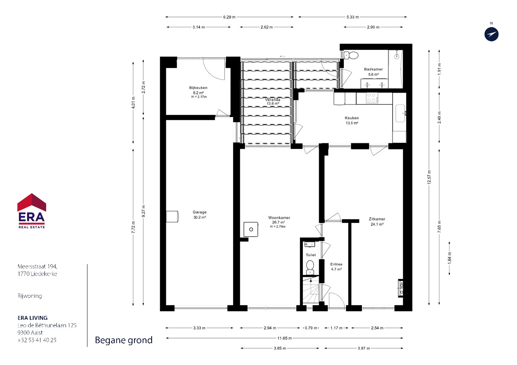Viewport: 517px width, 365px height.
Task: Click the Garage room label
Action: tap(199, 212)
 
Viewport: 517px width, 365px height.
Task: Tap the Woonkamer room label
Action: tap(279, 218)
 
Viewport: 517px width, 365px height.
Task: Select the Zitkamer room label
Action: tap(377, 219)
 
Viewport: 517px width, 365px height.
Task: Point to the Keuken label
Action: tap(352, 118)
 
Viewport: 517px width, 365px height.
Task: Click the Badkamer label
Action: tap(374, 69)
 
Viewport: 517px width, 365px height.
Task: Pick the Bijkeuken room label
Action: tap(198, 88)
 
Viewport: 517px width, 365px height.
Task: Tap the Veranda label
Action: tap(273, 100)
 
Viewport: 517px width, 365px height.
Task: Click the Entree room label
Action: tap(336, 264)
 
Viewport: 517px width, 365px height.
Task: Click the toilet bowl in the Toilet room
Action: tap(310, 267)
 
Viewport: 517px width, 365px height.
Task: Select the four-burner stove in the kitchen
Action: tap(372, 98)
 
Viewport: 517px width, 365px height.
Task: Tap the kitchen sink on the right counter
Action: tap(401, 113)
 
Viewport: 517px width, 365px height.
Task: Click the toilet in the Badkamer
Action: tap(351, 56)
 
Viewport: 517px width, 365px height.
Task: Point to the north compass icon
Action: tap(492, 34)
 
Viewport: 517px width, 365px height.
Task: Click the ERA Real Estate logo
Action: tap(31, 211)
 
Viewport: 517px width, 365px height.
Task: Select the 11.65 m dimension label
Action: tap(284, 338)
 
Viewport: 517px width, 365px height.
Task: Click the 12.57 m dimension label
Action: tap(429, 177)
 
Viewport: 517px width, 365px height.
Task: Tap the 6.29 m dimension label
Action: tap(229, 17)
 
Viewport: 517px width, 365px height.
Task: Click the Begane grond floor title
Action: tap(124, 340)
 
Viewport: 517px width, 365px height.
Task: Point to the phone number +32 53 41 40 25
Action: tap(37, 340)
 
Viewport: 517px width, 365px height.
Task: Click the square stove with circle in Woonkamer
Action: tap(251, 229)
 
